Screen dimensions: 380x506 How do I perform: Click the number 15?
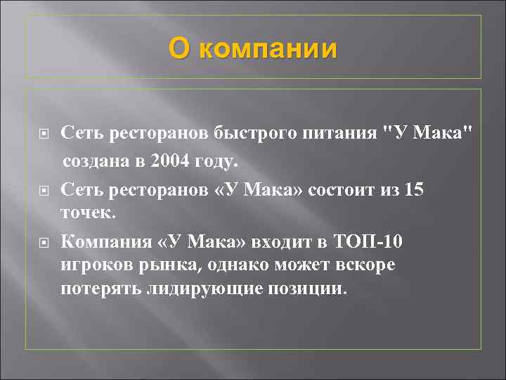414,190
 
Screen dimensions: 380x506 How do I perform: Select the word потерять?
100,289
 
